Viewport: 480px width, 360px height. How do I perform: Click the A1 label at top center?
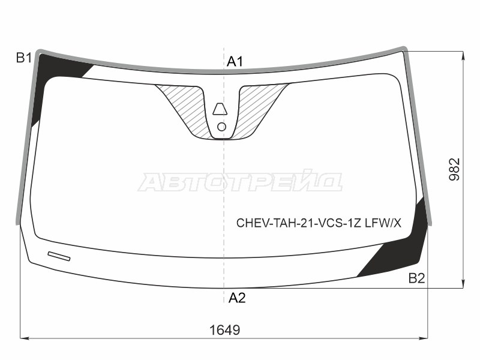[x=235, y=61]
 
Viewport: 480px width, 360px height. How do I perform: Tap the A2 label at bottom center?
[x=236, y=298]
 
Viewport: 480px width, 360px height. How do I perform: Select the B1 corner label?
[x=23, y=58]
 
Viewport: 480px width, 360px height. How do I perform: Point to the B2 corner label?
[x=416, y=278]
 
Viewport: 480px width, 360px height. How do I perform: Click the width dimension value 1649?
[x=224, y=329]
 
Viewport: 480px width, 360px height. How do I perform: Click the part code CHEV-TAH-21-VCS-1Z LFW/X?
[x=318, y=224]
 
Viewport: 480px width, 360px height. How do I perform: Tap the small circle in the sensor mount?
[x=221, y=126]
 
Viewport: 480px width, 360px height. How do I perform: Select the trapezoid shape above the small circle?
[x=221, y=109]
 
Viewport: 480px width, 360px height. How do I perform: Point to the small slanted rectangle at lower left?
[x=59, y=256]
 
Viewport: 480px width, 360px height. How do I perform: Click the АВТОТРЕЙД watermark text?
[x=240, y=182]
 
